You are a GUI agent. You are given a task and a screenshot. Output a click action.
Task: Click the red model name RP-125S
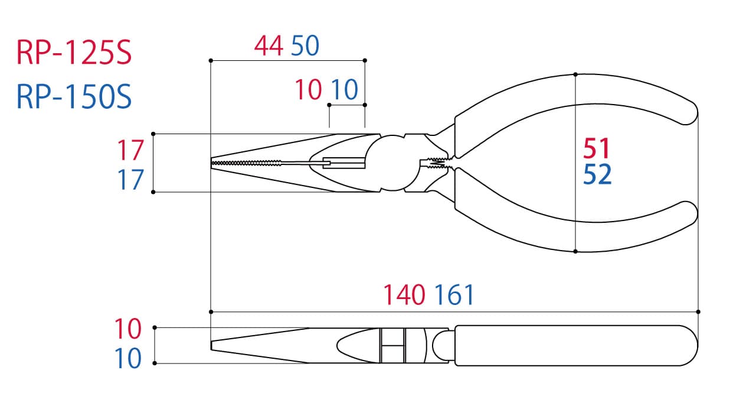click(x=74, y=53)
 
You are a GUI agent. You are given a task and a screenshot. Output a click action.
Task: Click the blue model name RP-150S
click(x=74, y=96)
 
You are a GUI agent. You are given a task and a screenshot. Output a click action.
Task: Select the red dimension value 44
click(x=269, y=46)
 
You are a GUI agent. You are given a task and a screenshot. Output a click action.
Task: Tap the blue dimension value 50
click(x=305, y=46)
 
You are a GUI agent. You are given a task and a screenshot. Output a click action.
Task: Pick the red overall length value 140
click(x=404, y=295)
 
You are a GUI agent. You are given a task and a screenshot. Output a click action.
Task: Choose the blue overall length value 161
click(x=454, y=295)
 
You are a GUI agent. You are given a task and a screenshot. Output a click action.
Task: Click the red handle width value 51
click(x=596, y=148)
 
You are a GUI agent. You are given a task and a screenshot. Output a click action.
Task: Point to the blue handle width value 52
click(x=597, y=174)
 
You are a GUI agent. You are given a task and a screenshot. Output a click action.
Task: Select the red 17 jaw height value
click(x=130, y=150)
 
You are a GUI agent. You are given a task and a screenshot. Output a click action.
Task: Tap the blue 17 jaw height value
click(x=130, y=179)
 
